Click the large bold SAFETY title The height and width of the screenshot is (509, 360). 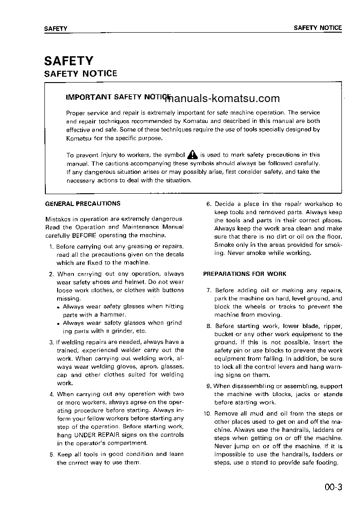pos(68,61)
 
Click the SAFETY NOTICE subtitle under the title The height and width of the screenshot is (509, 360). pos(80,73)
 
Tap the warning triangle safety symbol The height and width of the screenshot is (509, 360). pos(192,155)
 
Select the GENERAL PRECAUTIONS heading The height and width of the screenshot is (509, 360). pos(83,204)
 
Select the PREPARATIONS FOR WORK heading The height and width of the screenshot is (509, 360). pos(244,274)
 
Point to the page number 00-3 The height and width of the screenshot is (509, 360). pos(332,488)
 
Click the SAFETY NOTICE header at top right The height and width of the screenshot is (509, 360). pos(317,28)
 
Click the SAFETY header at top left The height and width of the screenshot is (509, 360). pos(56,29)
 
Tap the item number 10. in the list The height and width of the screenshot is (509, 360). pos(207,414)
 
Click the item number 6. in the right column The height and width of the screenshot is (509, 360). pos(209,204)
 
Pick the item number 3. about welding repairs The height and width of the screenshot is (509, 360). pos(52,342)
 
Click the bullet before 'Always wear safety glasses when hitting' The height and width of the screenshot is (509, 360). pos(59,308)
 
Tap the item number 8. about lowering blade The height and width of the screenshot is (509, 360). pos(209,326)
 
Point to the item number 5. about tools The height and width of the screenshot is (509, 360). pos(52,455)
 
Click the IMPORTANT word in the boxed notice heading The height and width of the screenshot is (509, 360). pos(88,97)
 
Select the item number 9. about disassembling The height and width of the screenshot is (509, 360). pos(209,387)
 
